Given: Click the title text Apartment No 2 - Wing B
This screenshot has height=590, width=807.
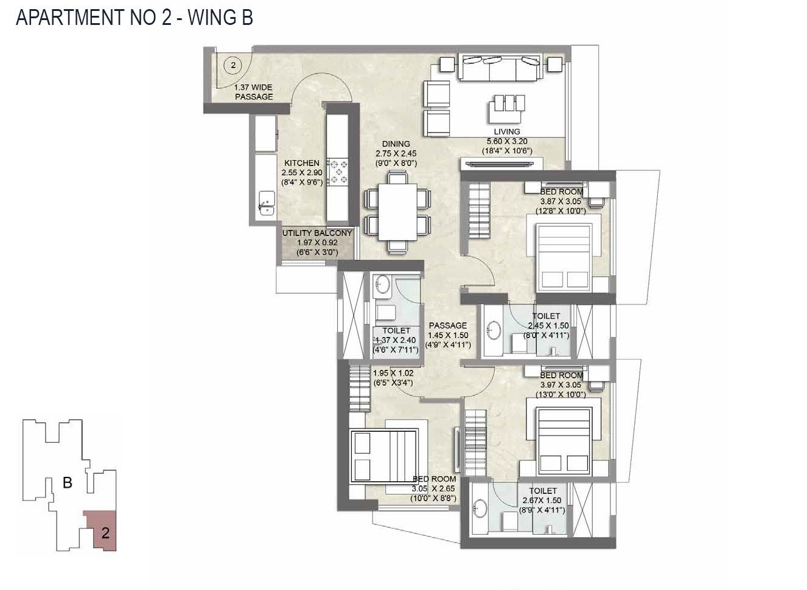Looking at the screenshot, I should pyautogui.click(x=134, y=17).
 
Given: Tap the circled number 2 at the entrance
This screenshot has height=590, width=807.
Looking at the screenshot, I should pyautogui.click(x=233, y=64).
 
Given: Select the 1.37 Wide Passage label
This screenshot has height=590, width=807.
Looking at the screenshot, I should pyautogui.click(x=254, y=92).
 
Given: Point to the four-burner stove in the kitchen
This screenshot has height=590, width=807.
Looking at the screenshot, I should pyautogui.click(x=338, y=172).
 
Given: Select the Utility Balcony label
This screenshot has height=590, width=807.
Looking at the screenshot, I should pyautogui.click(x=316, y=242).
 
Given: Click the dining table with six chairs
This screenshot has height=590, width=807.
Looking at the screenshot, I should pyautogui.click(x=398, y=212).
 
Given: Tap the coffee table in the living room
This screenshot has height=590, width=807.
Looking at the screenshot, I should pyautogui.click(x=506, y=110).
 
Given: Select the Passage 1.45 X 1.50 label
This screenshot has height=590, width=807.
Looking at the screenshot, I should pyautogui.click(x=448, y=335).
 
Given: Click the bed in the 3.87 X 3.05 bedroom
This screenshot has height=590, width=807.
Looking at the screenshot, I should pyautogui.click(x=564, y=256).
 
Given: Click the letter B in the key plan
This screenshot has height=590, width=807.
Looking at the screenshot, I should pyautogui.click(x=68, y=482).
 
